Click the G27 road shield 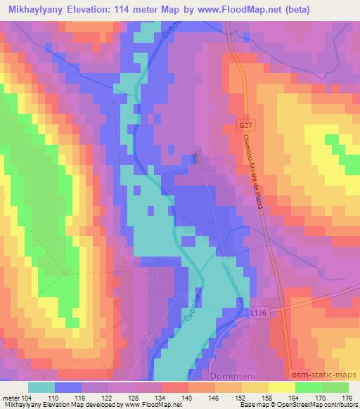coord(244,124)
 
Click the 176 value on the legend coord(347,397)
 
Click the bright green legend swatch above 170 coord(308,387)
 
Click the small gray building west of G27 coord(197,159)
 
